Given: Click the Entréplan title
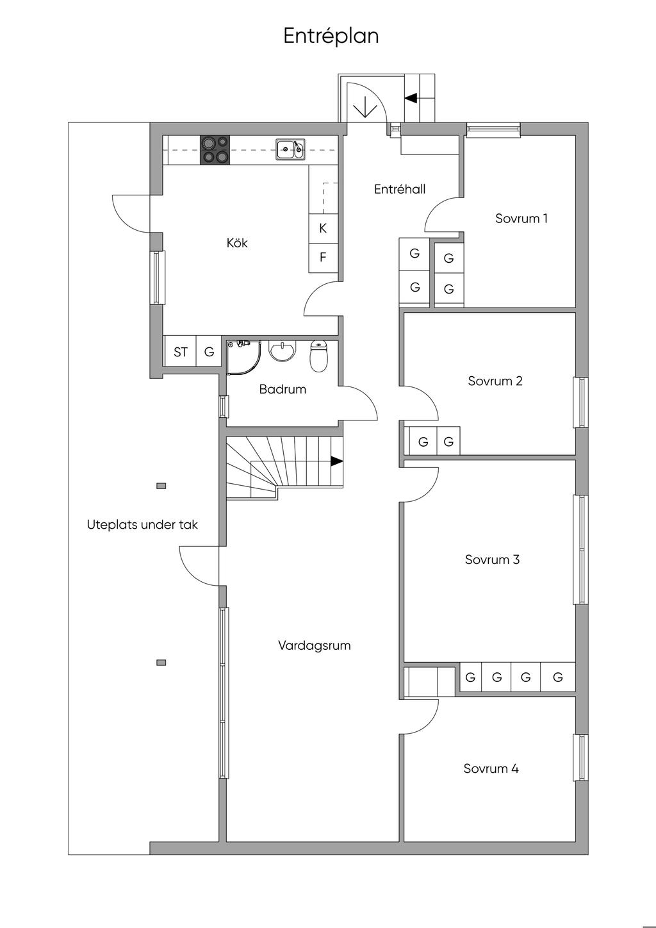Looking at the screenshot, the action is click(x=331, y=36).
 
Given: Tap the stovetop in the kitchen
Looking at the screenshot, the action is click(x=215, y=150).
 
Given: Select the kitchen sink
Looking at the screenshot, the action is click(x=291, y=149).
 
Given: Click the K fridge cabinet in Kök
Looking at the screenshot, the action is click(x=323, y=228).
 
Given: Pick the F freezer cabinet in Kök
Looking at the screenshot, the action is click(x=323, y=258).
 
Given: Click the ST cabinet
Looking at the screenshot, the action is click(x=180, y=352).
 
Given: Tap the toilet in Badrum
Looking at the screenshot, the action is click(x=318, y=356).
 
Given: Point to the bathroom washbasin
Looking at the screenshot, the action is click(x=283, y=351).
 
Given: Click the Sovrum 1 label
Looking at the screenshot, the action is click(x=521, y=219).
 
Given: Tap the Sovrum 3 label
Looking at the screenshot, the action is click(x=492, y=559).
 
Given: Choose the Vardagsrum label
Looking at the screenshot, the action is click(x=315, y=645).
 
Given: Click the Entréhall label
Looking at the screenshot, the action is click(x=400, y=189).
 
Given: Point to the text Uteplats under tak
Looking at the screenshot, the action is click(x=142, y=525).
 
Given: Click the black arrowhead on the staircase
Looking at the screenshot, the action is click(x=337, y=461).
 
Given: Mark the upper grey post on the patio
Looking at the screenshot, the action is click(x=161, y=486).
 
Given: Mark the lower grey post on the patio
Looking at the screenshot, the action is click(x=161, y=663).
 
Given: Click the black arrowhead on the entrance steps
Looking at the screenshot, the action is click(x=411, y=98).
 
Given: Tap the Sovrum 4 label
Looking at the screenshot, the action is click(x=491, y=769).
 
